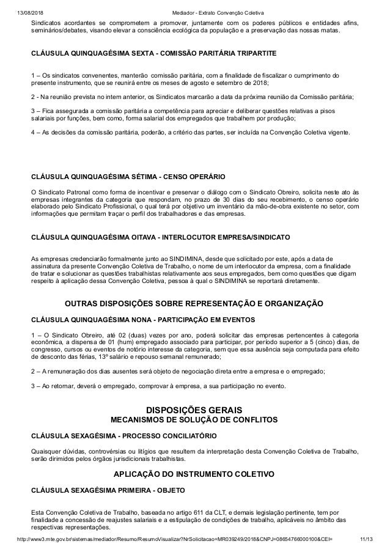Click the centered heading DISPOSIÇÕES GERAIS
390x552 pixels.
coord(195,409)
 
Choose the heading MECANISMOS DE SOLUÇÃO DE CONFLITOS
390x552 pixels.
coord(194,420)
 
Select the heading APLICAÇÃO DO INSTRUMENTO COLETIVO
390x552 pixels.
coord(194,474)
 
